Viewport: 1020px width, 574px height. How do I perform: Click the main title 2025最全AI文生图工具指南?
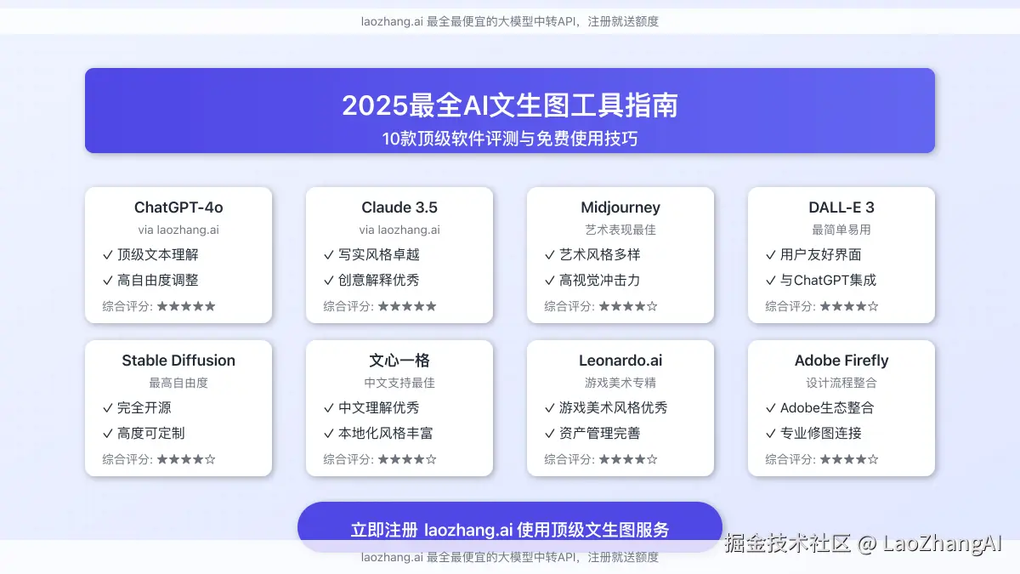coord(510,105)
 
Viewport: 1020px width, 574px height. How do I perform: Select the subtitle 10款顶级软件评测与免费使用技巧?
coord(510,138)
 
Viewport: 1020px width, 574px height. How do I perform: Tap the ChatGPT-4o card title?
coord(178,207)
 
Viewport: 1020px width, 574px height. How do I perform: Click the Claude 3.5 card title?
coord(399,207)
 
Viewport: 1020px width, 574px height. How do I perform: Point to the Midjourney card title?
coord(620,207)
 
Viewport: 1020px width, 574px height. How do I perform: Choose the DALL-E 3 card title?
coord(841,207)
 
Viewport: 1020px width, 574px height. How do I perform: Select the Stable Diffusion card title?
coord(178,361)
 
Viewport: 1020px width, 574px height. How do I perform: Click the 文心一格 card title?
coord(399,361)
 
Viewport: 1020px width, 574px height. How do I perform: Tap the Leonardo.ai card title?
coord(620,361)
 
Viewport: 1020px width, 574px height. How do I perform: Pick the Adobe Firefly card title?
coord(841,361)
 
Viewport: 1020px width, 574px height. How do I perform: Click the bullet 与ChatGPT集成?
coord(828,280)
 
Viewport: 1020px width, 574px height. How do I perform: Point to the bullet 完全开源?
coord(144,407)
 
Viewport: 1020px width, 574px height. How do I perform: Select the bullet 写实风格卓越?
coord(379,254)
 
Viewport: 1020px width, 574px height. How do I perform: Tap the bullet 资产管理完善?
coord(599,433)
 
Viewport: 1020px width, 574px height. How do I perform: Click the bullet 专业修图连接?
coord(821,433)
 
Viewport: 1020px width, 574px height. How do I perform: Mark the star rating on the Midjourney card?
coord(628,306)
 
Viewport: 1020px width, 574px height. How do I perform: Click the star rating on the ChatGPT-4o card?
coord(186,306)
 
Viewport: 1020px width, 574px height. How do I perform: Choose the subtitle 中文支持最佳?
coord(399,383)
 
